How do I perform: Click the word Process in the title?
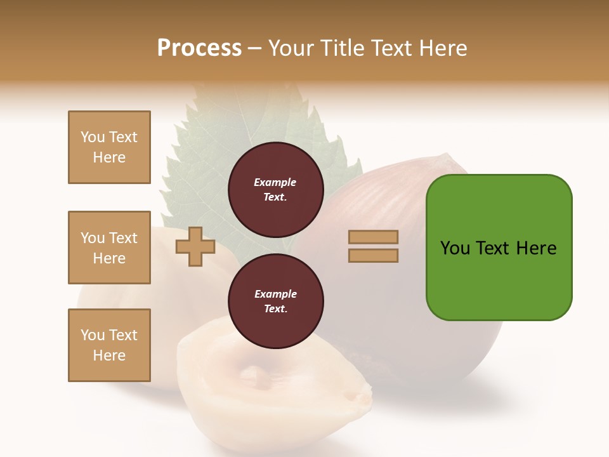click(199, 48)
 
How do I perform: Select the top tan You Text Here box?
click(109, 147)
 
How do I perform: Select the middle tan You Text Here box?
click(109, 248)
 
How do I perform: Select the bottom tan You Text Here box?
click(109, 345)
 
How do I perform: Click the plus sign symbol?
click(195, 246)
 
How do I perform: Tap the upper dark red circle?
click(275, 190)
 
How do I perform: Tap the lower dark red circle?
click(275, 301)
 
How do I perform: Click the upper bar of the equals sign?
click(373, 237)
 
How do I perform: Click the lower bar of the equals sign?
click(373, 255)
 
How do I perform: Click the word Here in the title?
click(441, 48)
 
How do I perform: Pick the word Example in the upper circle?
click(275, 182)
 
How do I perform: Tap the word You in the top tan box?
click(92, 137)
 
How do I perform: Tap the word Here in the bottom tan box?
click(109, 355)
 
